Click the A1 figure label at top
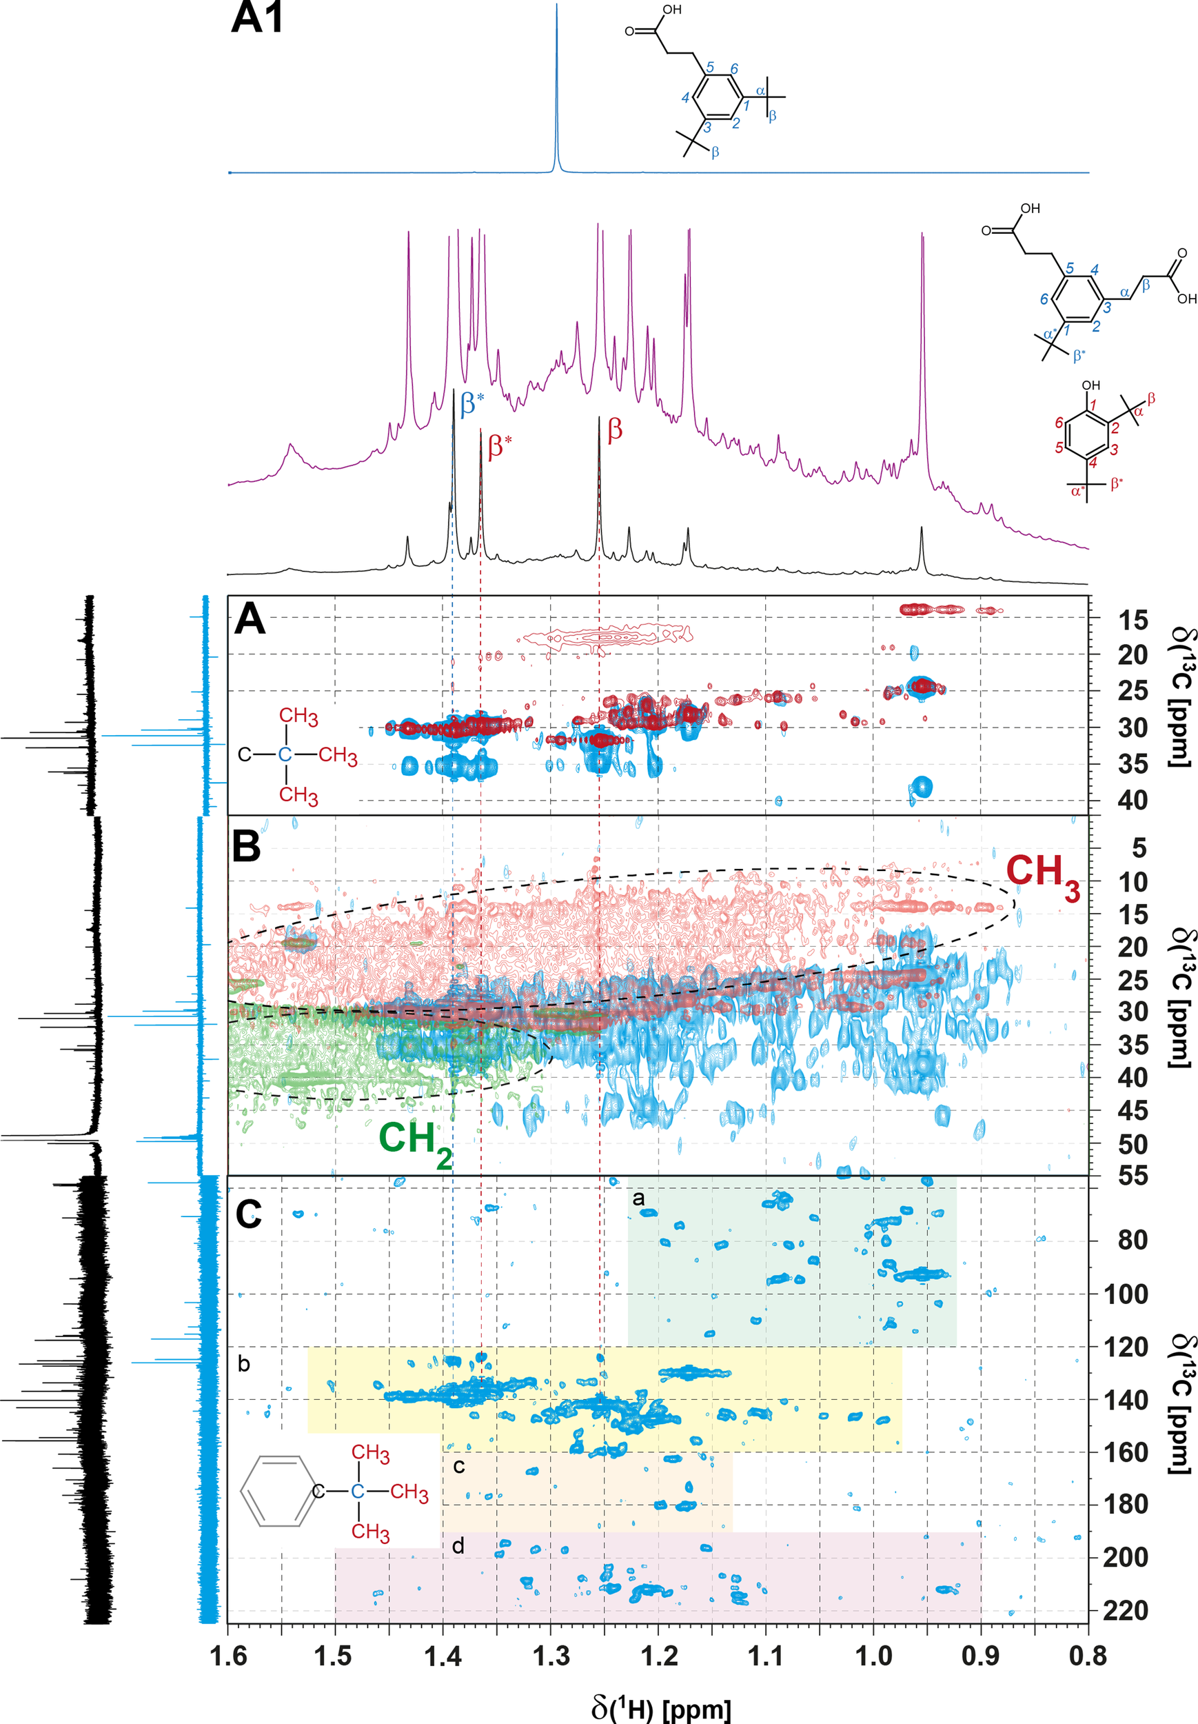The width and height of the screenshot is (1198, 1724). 258,18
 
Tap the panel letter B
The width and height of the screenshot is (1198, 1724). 246,846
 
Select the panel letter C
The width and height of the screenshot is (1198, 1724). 248,1214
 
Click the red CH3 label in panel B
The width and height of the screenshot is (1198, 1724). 1042,876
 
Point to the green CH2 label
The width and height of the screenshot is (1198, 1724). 414,1142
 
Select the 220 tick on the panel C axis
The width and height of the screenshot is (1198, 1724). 1124,1611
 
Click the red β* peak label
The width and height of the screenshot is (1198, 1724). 499,445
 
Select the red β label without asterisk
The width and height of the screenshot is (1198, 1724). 615,430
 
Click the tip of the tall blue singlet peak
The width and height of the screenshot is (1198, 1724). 556,6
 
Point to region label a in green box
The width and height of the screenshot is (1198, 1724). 638,1198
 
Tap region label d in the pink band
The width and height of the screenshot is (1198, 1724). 458,1545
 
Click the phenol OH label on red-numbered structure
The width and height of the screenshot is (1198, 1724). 1090,385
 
